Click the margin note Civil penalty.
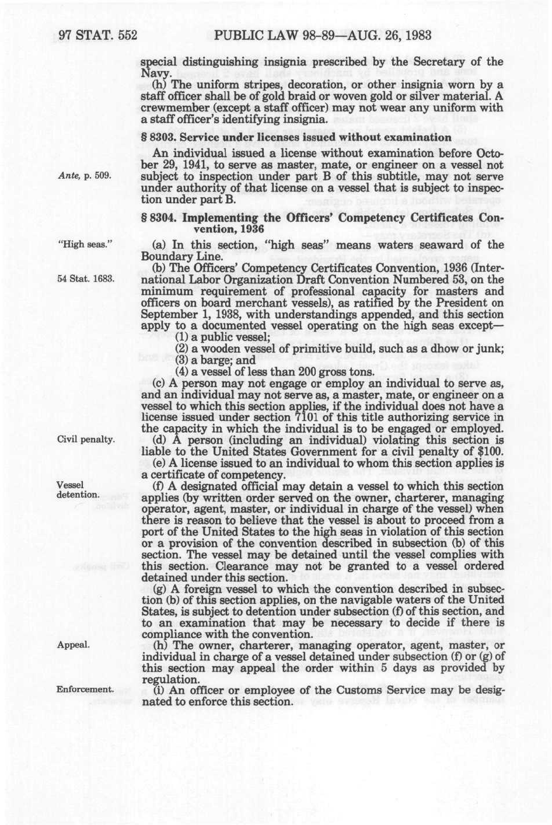coord(85,439)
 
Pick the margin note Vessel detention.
coord(78,490)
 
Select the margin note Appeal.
coord(73,645)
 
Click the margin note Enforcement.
coord(85,690)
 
